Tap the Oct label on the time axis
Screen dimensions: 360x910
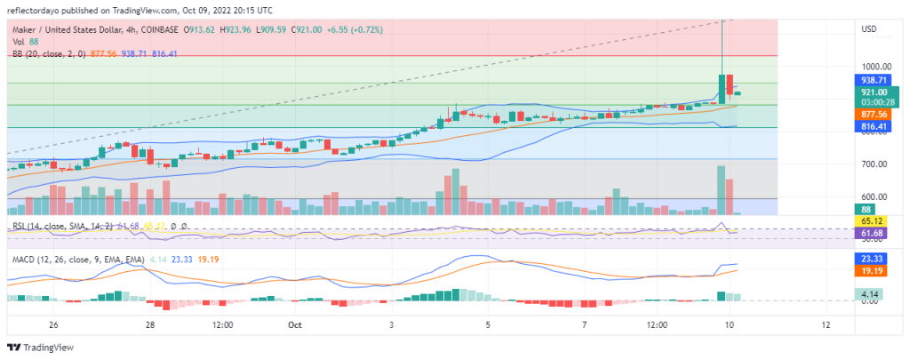point(296,325)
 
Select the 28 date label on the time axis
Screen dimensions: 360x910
point(151,325)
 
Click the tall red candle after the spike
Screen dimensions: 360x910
point(730,84)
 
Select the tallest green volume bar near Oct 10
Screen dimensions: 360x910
point(721,189)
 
